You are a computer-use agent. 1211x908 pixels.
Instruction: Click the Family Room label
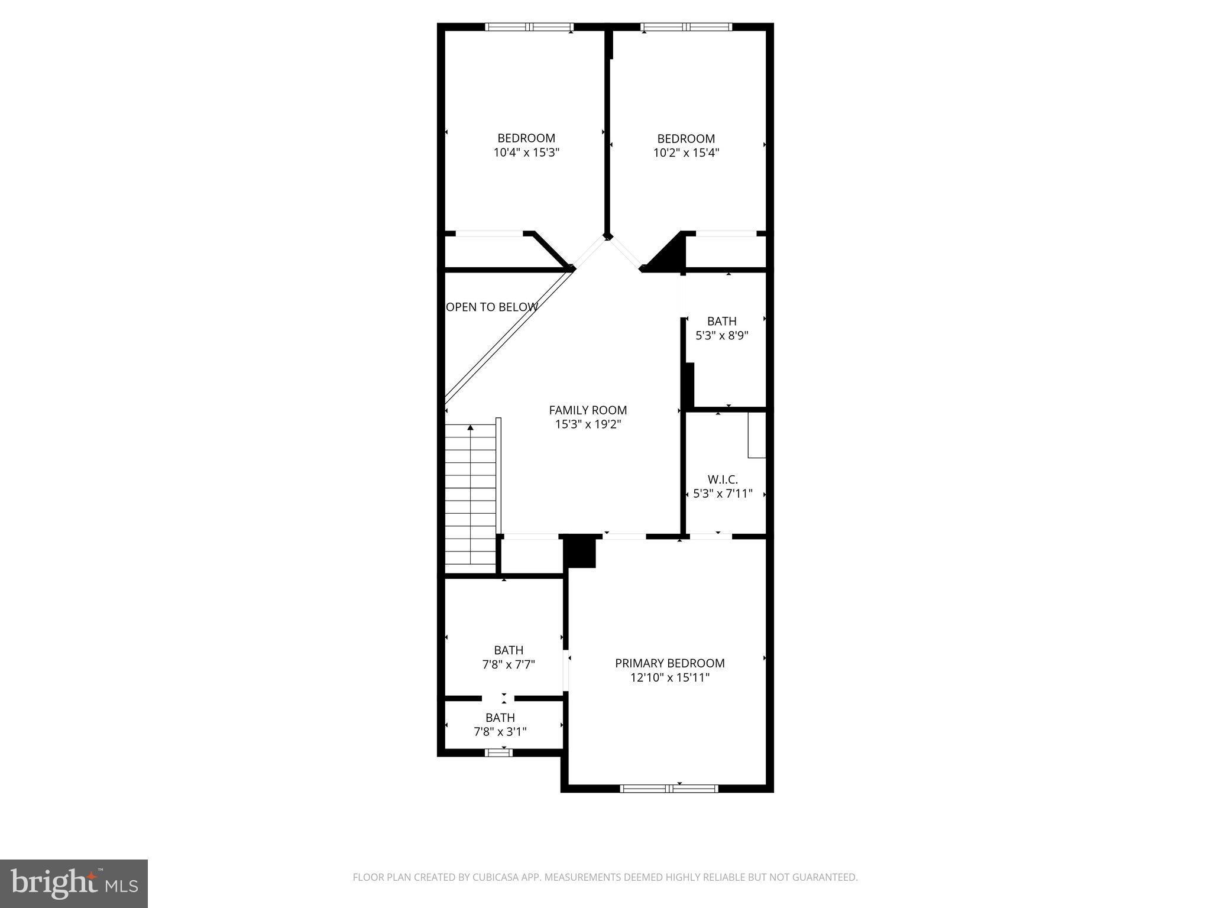click(x=588, y=410)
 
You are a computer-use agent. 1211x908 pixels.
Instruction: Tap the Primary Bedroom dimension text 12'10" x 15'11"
click(x=669, y=677)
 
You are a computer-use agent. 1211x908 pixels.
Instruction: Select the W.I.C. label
click(x=723, y=479)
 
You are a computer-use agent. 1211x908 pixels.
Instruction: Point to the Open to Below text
click(x=491, y=307)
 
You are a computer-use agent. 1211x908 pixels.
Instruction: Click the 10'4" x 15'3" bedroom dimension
click(x=526, y=153)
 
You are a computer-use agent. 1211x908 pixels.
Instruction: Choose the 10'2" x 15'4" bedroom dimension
click(x=686, y=153)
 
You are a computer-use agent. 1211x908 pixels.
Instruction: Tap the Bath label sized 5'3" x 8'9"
click(x=721, y=321)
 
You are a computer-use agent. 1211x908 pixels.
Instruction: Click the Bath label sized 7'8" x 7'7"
click(x=509, y=650)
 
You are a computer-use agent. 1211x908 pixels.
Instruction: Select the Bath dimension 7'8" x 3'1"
click(x=500, y=732)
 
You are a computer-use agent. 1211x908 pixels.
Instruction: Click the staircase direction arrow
click(x=471, y=427)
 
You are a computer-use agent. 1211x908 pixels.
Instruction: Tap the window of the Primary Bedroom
click(x=669, y=788)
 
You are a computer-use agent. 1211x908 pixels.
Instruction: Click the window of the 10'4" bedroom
click(x=529, y=27)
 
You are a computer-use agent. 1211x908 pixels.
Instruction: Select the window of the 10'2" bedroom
click(x=686, y=27)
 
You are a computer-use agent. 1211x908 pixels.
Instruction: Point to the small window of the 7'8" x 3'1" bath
click(x=498, y=753)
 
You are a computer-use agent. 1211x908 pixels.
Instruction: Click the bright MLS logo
click(x=74, y=883)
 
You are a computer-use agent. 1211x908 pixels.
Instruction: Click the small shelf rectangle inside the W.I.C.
click(x=756, y=435)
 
